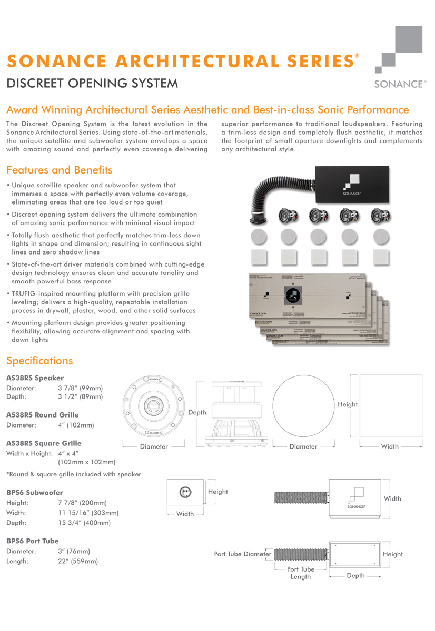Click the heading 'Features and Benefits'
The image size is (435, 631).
pyautogui.click(x=59, y=170)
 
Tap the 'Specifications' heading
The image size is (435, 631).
pyautogui.click(x=39, y=361)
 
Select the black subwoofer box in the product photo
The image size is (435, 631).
pyautogui.click(x=351, y=185)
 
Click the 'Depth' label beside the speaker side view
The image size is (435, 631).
pyautogui.click(x=197, y=412)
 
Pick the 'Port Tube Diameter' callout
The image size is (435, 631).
pyautogui.click(x=243, y=554)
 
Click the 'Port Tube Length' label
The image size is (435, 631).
pyautogui.click(x=301, y=573)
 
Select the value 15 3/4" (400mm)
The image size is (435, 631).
pyautogui.click(x=84, y=523)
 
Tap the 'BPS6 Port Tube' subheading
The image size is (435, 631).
pyautogui.click(x=33, y=541)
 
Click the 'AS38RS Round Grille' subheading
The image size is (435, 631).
pyautogui.click(x=42, y=415)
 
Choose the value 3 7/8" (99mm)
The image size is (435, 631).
pyautogui.click(x=80, y=388)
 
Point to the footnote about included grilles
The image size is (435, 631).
pyautogui.click(x=74, y=474)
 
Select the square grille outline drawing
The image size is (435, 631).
pyautogui.click(x=391, y=405)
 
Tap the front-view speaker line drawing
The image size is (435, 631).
pyautogui.click(x=154, y=406)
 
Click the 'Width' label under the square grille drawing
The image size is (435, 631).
pyautogui.click(x=390, y=446)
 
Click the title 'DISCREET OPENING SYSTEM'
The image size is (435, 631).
pyautogui.click(x=92, y=83)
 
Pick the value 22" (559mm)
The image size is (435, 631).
pyautogui.click(x=78, y=561)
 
